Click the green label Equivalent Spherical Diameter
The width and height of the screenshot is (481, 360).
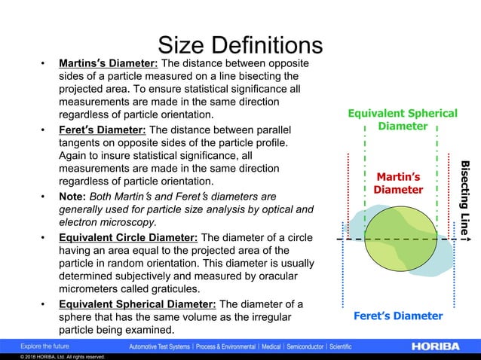click(x=402, y=120)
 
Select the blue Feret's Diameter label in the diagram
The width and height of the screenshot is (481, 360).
click(x=398, y=316)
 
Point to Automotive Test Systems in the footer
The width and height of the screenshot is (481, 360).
click(x=163, y=346)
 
